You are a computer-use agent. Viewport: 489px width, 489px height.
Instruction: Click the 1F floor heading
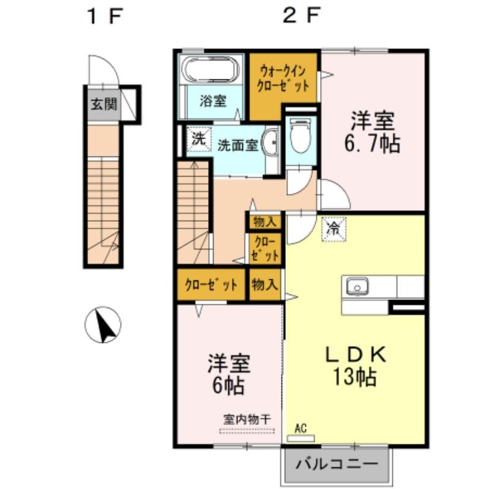pos(105,17)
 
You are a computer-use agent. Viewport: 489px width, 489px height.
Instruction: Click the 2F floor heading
pos(301,17)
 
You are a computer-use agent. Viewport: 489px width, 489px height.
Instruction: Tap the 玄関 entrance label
pos(104,104)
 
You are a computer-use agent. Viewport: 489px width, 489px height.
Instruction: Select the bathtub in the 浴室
pos(211,70)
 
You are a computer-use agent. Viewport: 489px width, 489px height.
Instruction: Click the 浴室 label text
pos(213,101)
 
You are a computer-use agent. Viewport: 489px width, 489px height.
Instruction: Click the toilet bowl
pos(300,136)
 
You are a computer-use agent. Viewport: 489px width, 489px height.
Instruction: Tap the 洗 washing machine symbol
pos(199,139)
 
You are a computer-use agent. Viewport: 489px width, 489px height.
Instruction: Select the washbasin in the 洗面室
pos(270,143)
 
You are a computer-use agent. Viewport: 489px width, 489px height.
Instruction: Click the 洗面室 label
pos(237,145)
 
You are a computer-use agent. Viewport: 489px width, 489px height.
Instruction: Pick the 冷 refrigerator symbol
pos(334,229)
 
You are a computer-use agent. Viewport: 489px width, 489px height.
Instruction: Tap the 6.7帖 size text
pos(372,144)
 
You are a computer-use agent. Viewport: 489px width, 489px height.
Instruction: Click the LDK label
pos(356,355)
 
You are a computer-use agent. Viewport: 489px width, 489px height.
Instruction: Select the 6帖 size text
pos(228,386)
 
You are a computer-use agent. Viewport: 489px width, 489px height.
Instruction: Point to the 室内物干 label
pos(247,419)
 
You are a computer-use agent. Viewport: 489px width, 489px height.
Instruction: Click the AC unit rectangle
pos(300,438)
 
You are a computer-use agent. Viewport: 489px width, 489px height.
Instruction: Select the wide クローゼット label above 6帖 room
pos(211,284)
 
